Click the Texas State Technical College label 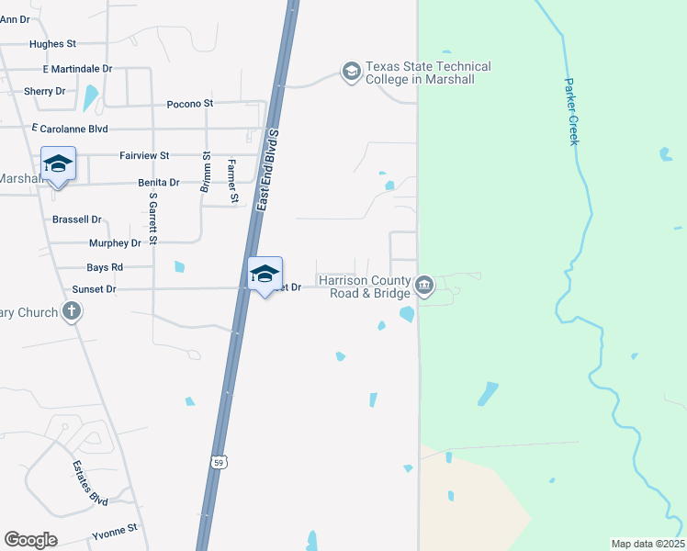[428, 73]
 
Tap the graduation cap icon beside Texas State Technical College [351, 71]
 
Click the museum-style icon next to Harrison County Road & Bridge [424, 287]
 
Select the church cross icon [72, 312]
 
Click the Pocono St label [190, 104]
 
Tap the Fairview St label [144, 156]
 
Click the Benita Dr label [158, 183]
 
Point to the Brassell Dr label [77, 219]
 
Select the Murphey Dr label [115, 243]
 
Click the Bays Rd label [104, 267]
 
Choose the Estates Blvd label [90, 482]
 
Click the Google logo [30, 540]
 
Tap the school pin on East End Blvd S [265, 274]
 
